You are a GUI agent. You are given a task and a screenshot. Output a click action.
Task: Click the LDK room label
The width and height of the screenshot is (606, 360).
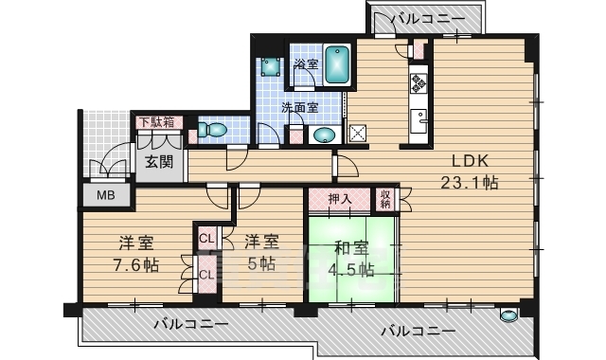point(471,161)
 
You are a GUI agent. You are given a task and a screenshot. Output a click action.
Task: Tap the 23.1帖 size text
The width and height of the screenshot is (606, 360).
point(470,183)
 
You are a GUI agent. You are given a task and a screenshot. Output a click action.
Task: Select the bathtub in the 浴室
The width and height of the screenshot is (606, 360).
point(337,65)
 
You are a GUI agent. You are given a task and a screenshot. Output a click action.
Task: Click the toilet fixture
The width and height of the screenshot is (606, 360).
point(212,130)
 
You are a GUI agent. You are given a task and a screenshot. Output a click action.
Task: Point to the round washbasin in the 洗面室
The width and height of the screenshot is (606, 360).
point(324,135)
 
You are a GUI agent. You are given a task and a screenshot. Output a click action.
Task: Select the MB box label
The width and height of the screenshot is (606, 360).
point(105,195)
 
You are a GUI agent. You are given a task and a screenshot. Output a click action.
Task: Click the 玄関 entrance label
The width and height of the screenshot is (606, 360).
point(159,162)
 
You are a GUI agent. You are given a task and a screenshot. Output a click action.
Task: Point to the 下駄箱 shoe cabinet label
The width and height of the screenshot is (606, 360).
point(156,122)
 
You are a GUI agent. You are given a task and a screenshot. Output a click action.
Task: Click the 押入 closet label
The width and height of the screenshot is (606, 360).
point(340,199)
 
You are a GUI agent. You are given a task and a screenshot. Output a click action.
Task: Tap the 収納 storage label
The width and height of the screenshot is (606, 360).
point(385,200)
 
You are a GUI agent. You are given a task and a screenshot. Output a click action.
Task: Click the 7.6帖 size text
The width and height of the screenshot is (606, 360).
point(135,265)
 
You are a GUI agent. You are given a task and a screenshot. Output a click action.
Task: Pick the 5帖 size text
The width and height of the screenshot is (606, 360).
point(261,264)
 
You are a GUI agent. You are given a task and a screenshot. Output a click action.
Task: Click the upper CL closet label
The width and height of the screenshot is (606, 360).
point(206,239)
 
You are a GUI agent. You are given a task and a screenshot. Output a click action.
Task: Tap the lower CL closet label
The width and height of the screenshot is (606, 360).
point(206,275)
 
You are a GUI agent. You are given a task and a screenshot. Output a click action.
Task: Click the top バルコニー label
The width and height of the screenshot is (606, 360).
point(428,19)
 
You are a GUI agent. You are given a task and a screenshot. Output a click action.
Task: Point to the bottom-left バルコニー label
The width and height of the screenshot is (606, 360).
point(191,324)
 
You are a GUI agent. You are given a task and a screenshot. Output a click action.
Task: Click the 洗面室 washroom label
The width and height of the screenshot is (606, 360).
point(299,107)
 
